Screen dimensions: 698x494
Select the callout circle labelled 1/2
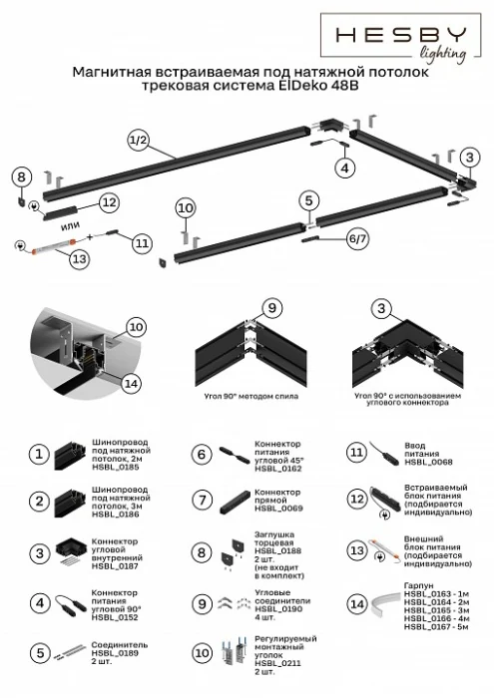pyautogui.click(x=138, y=141)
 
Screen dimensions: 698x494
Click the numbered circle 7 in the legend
pyautogui.click(x=200, y=500)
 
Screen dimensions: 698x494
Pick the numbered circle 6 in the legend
pyautogui.click(x=200, y=454)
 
